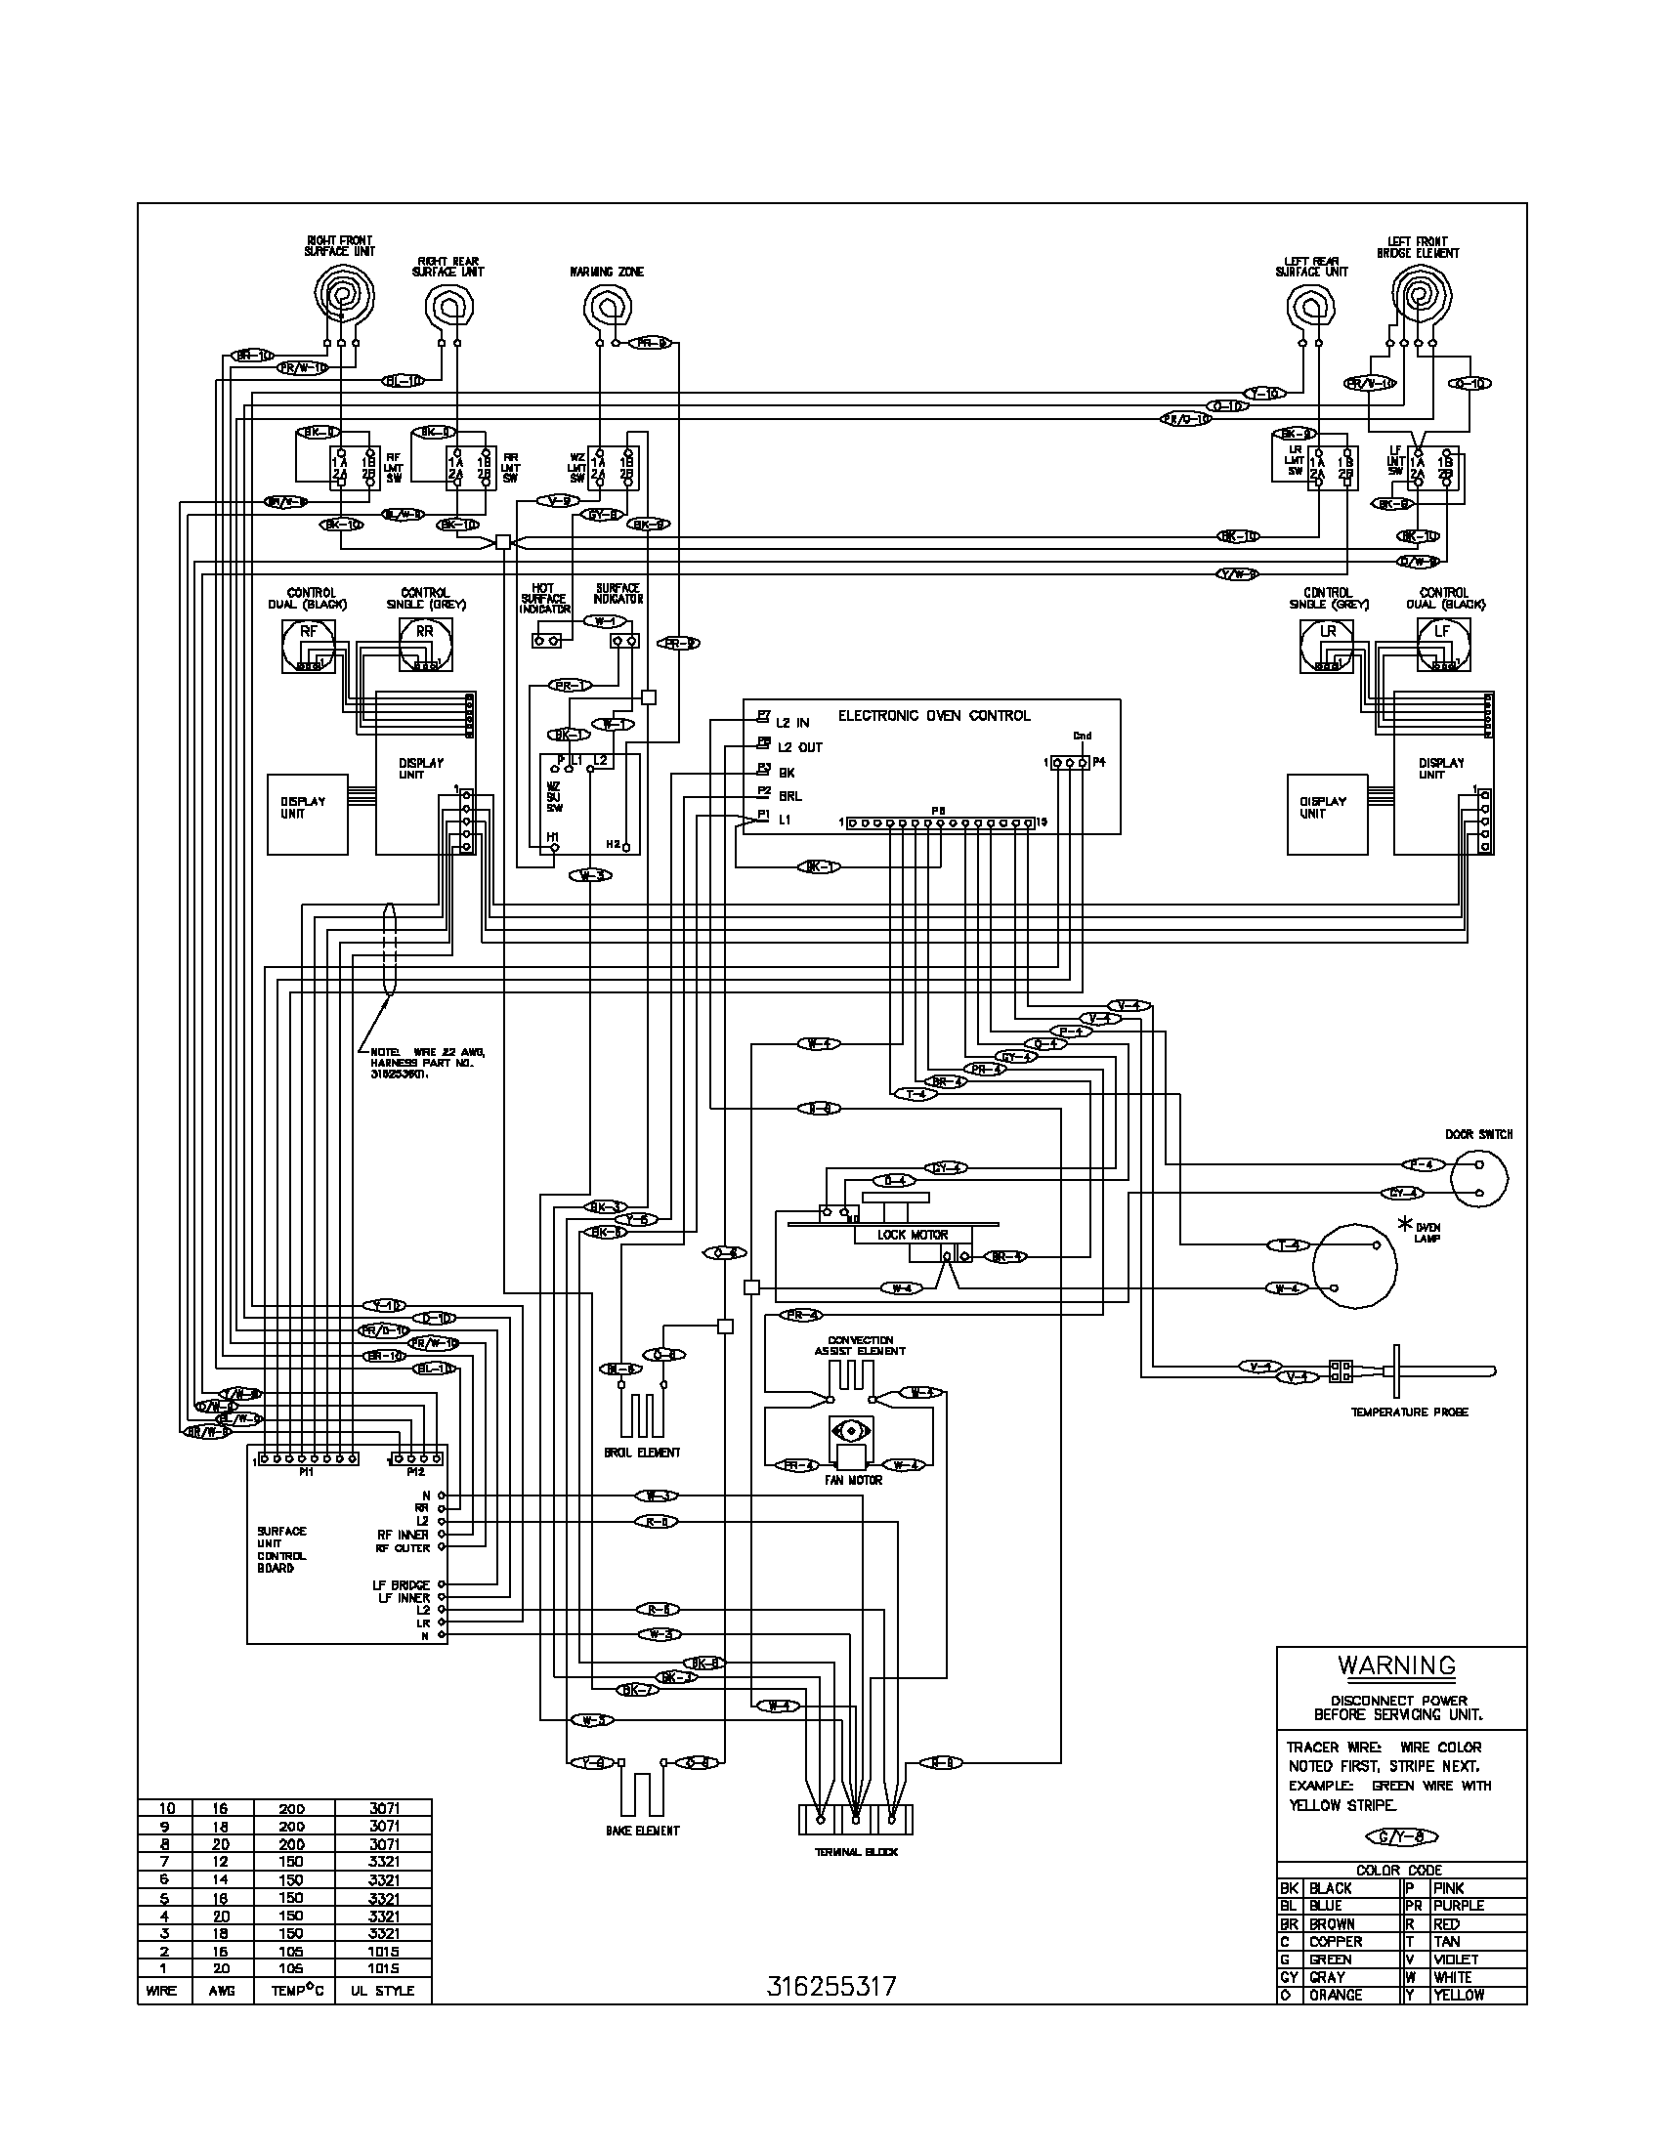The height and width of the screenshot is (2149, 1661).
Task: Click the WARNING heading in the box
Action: click(1395, 1665)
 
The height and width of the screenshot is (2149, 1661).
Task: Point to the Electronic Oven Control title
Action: click(934, 715)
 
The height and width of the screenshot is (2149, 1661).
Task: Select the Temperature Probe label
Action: click(1409, 1412)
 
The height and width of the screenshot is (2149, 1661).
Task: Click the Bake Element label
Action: click(643, 1831)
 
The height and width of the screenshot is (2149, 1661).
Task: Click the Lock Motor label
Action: click(914, 1234)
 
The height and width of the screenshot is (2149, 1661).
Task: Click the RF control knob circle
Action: click(309, 646)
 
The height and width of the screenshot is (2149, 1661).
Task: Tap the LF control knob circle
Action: click(1441, 646)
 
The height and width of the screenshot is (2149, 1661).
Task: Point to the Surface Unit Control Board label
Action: click(281, 1549)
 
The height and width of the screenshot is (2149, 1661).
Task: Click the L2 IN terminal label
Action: click(792, 722)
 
